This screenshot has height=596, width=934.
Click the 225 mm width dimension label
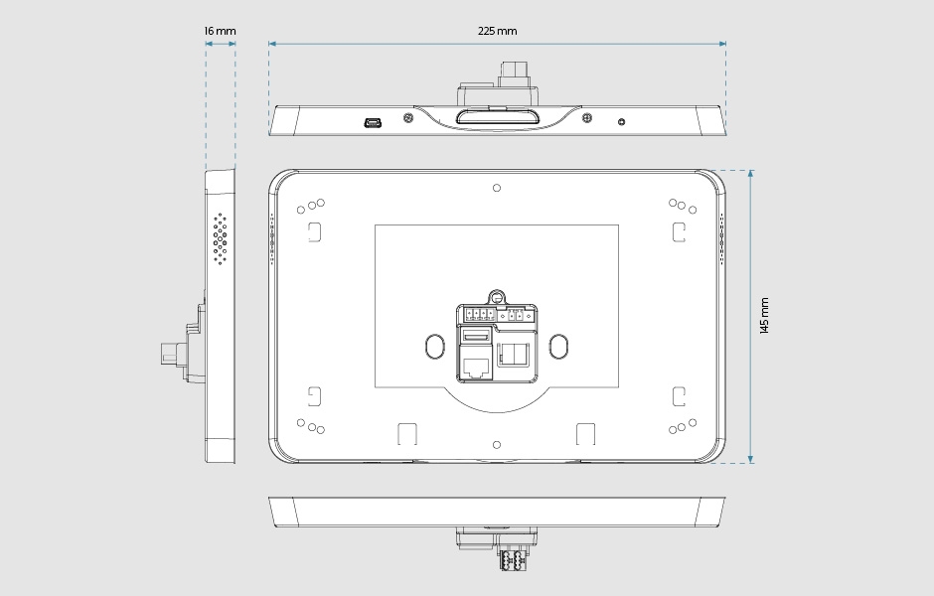click(497, 31)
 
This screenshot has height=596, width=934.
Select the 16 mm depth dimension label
click(220, 31)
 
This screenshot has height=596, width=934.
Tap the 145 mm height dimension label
click(764, 315)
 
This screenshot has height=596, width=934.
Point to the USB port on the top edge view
click(374, 122)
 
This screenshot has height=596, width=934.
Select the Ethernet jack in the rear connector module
click(475, 366)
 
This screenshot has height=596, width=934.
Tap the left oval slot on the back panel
click(434, 345)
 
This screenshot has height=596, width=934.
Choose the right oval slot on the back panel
click(558, 345)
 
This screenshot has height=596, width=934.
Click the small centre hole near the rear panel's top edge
click(497, 187)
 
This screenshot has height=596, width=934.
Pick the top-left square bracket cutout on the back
click(314, 231)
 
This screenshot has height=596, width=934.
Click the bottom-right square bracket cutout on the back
click(679, 396)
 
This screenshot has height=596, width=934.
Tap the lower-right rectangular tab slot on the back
click(585, 434)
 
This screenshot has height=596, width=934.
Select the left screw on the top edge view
click(408, 118)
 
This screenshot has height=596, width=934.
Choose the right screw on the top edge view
click(588, 118)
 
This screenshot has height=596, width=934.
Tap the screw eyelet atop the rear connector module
click(497, 296)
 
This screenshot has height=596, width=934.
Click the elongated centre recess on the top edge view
click(497, 118)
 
